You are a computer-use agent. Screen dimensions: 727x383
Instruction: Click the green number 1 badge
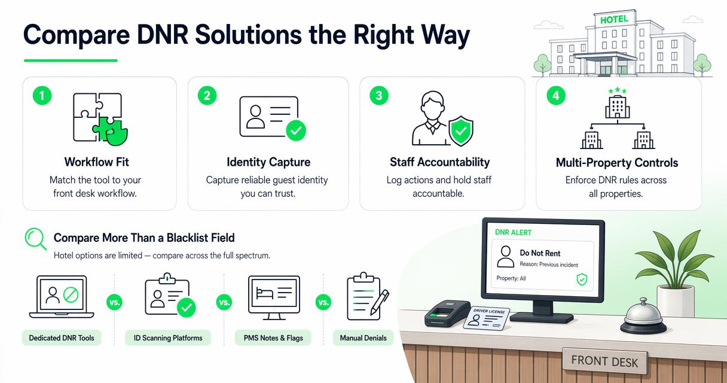(x=42, y=96)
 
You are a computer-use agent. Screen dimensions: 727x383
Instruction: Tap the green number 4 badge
(x=556, y=96)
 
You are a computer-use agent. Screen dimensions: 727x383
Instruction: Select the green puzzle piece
(x=111, y=131)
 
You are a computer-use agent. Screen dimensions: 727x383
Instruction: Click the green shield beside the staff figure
(x=461, y=131)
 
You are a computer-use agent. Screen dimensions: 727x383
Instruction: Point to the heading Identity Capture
(x=268, y=162)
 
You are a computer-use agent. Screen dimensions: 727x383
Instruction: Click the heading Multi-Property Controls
(x=617, y=162)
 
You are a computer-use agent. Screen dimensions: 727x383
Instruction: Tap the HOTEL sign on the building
(x=614, y=20)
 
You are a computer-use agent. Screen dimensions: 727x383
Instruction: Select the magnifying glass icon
(x=36, y=239)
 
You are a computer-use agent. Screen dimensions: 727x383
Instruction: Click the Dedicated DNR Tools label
(x=62, y=338)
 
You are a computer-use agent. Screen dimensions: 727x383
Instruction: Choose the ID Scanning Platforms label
(x=168, y=338)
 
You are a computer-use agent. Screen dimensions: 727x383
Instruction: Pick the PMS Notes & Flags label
(x=273, y=338)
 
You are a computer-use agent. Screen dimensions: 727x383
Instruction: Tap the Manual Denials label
(x=363, y=338)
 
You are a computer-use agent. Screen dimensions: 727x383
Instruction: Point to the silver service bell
(x=643, y=317)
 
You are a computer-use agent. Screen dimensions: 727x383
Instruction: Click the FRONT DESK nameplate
(x=604, y=361)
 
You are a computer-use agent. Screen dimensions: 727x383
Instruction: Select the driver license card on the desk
(x=486, y=318)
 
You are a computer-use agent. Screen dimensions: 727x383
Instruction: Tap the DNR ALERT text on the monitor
(x=513, y=233)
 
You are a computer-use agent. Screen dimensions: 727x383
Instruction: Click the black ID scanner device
(x=447, y=314)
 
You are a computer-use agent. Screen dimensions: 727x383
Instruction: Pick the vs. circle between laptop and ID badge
(x=115, y=302)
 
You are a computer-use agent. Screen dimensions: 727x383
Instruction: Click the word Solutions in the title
(x=248, y=35)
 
